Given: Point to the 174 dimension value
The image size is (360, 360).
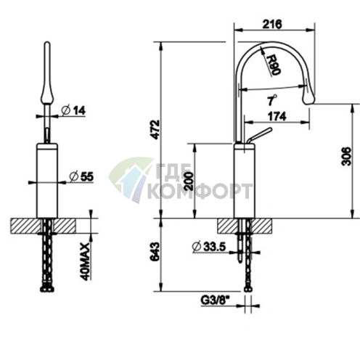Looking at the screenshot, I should (277, 116).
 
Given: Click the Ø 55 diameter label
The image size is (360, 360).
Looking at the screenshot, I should (81, 176).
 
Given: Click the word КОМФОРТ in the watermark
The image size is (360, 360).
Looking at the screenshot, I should (199, 192).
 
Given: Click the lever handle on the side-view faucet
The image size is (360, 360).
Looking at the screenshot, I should (257, 137).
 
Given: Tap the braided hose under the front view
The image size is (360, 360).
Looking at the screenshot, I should (48, 254).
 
